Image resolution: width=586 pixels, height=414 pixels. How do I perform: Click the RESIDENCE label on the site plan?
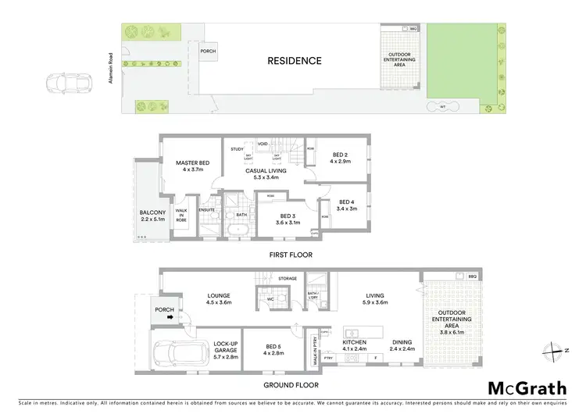pyautogui.click(x=294, y=60)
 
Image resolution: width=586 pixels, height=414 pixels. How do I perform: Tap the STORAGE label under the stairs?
pyautogui.click(x=287, y=277)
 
